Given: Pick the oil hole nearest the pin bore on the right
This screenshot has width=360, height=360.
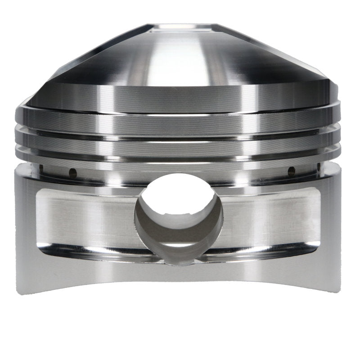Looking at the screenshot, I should tap(292, 171).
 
